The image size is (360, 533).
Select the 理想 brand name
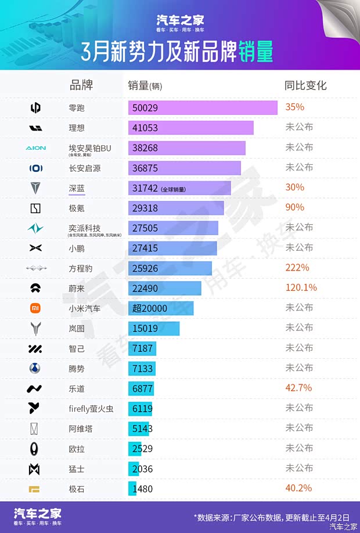tap(77, 128)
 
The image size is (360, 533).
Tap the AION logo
tap(35, 148)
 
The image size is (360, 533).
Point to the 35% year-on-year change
tap(294, 107)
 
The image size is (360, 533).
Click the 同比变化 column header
tap(305, 85)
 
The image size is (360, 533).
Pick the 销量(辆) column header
tap(145, 86)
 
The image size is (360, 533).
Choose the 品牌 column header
tap(81, 85)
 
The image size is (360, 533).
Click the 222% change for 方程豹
tap(297, 268)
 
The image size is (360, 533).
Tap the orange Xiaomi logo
tap(35, 308)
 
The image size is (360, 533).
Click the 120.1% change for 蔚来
tap(301, 288)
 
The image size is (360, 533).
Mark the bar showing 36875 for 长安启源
tap(184, 168)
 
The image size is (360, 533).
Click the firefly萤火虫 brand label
tap(91, 409)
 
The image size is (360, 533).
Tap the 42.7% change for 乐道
tap(298, 388)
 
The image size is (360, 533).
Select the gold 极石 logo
tap(35, 489)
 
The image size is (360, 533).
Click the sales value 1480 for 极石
tap(143, 489)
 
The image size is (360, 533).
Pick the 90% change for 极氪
tap(294, 207)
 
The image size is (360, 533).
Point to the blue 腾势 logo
tap(35, 368)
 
